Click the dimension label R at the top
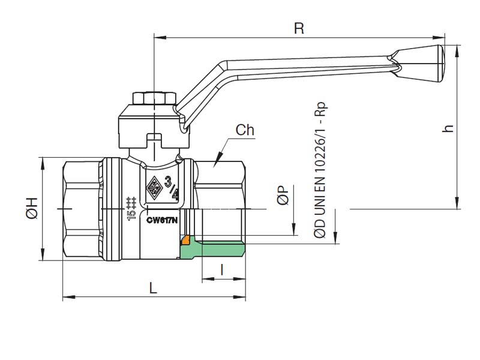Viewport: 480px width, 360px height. [298, 28]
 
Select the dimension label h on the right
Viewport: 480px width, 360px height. [447, 128]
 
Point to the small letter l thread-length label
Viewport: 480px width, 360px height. [223, 270]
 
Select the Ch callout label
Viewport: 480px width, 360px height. [244, 130]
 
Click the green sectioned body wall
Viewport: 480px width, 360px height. [216, 250]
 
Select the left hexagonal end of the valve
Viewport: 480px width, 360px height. [81, 208]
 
